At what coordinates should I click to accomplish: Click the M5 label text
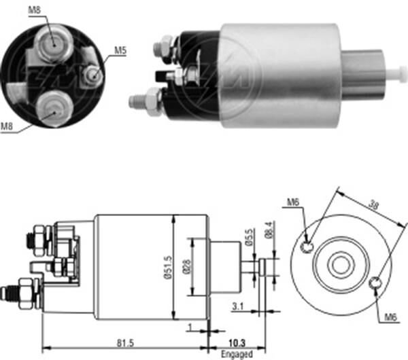(120, 50)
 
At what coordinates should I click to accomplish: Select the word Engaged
(237, 353)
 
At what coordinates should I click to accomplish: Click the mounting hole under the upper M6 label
(307, 246)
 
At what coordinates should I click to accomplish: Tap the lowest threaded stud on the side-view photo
(141, 102)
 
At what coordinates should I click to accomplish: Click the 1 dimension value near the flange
(190, 327)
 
